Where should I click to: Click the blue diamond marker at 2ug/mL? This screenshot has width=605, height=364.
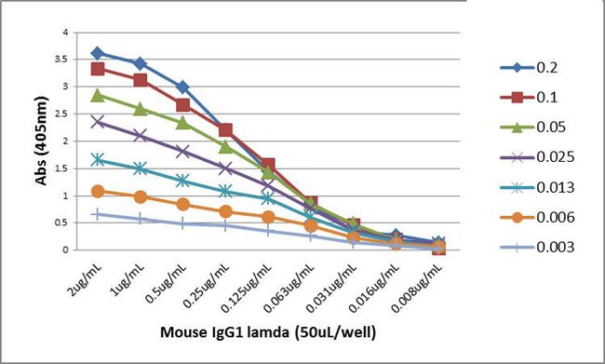(x=98, y=53)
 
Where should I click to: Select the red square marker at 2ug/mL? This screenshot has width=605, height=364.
(x=98, y=69)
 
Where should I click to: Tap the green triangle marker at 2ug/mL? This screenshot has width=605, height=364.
(x=98, y=95)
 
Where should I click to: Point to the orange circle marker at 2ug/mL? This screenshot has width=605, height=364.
(x=98, y=191)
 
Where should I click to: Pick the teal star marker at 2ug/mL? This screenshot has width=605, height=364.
(x=98, y=159)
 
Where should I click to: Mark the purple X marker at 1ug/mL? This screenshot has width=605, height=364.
(x=140, y=135)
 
